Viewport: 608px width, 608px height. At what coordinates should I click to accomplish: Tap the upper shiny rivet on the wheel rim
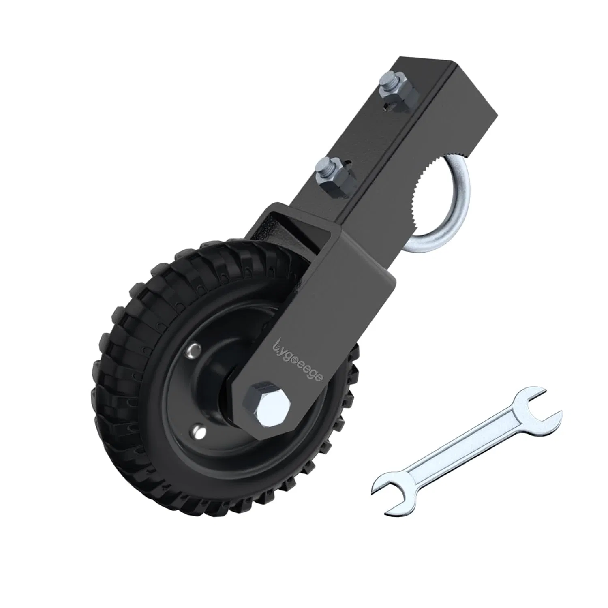pos(195,348)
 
